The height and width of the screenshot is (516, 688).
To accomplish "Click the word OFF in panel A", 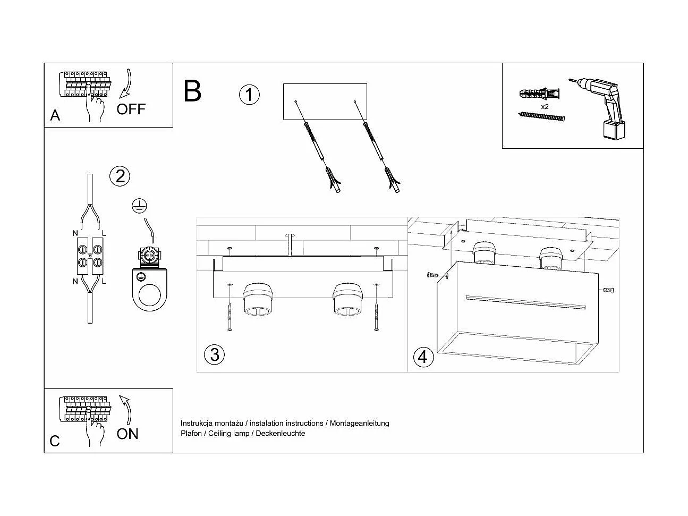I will [x=131, y=109].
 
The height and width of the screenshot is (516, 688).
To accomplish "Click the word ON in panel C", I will [x=128, y=434].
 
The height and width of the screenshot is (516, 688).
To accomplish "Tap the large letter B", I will [x=192, y=91].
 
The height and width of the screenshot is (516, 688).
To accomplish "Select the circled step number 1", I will [x=249, y=95].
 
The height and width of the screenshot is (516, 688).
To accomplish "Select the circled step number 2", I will [x=120, y=176].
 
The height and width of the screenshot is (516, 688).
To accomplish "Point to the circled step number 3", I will [x=215, y=354].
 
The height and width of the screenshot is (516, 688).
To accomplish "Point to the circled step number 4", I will [x=422, y=357].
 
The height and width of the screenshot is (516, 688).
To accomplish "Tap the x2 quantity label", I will [x=545, y=106].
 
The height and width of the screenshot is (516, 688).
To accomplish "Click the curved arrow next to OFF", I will [x=126, y=84].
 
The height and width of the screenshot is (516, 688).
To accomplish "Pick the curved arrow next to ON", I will [x=126, y=409].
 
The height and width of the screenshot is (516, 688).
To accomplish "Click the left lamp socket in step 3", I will [x=258, y=301].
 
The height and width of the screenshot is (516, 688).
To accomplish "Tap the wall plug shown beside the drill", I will [x=539, y=95].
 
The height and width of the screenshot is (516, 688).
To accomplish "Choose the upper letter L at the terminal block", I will [x=104, y=233].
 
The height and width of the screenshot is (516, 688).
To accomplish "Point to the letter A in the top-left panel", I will [x=55, y=115].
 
